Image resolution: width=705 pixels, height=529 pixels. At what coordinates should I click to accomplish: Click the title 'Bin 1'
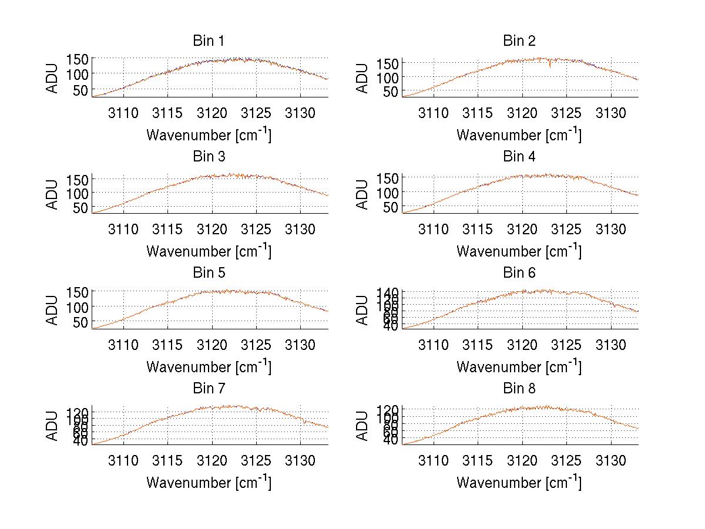click(209, 41)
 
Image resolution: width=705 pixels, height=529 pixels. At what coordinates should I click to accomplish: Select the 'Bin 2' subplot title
click(519, 41)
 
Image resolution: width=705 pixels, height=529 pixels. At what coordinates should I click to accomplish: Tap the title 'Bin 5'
click(209, 273)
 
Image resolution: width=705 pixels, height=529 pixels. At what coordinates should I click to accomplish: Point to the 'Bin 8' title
click(519, 389)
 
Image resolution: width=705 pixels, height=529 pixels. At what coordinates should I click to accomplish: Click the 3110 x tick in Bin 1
click(123, 113)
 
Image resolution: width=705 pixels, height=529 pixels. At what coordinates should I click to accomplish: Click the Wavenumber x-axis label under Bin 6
click(519, 367)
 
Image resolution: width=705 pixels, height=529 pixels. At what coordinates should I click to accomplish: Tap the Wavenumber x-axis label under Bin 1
click(209, 135)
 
